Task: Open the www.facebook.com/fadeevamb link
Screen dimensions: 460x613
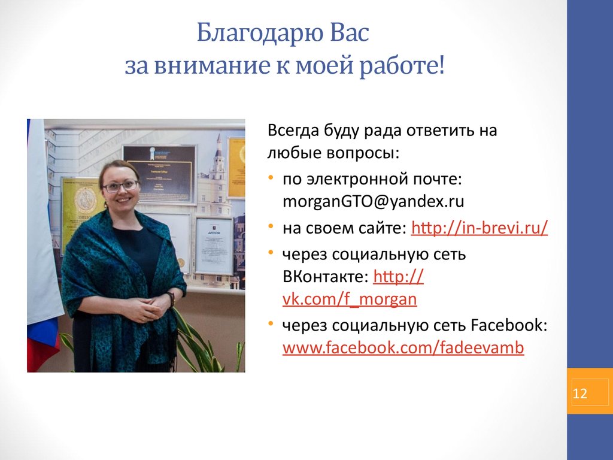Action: point(403,348)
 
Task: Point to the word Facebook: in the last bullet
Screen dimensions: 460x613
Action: point(509,326)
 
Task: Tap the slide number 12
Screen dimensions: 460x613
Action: point(580,394)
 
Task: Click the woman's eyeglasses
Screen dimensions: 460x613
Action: point(120,186)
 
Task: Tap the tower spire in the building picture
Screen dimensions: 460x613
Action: point(220,147)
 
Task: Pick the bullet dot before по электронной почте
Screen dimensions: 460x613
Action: point(272,178)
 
